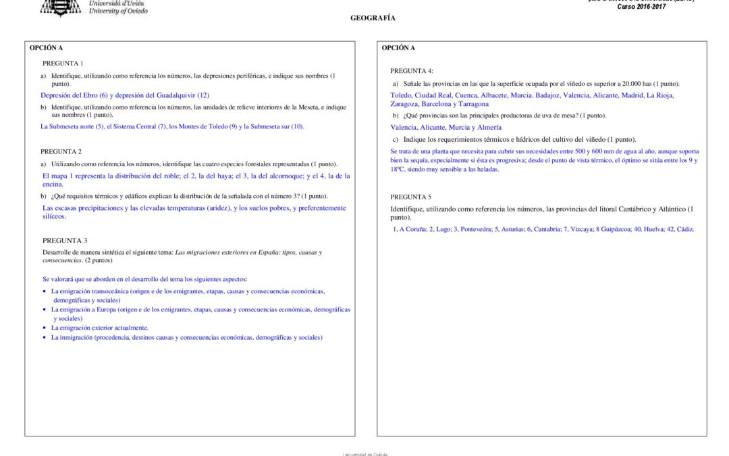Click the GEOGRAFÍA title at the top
pos(373,18)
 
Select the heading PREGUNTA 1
pos(63,63)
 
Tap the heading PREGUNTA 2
pos(61,151)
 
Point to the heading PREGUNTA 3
pos(65,240)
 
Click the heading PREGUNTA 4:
pos(412,71)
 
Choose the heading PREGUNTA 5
pos(411,197)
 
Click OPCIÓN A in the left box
pos(46,48)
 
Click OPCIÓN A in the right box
pos(398,48)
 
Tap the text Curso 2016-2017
pos(641,7)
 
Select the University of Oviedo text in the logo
pos(118,11)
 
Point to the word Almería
pos(488,127)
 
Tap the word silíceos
pos(55,216)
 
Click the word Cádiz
pos(684,229)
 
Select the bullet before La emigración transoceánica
pos(45,291)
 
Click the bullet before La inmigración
pos(45,337)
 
